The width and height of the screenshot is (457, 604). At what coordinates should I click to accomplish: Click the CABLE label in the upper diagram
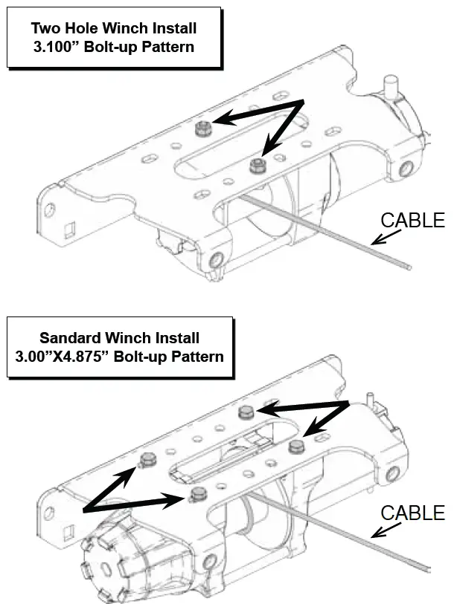click(412, 220)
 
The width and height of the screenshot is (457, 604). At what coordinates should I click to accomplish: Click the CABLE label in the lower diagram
click(412, 513)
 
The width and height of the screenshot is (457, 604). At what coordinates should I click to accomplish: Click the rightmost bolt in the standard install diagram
click(296, 446)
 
